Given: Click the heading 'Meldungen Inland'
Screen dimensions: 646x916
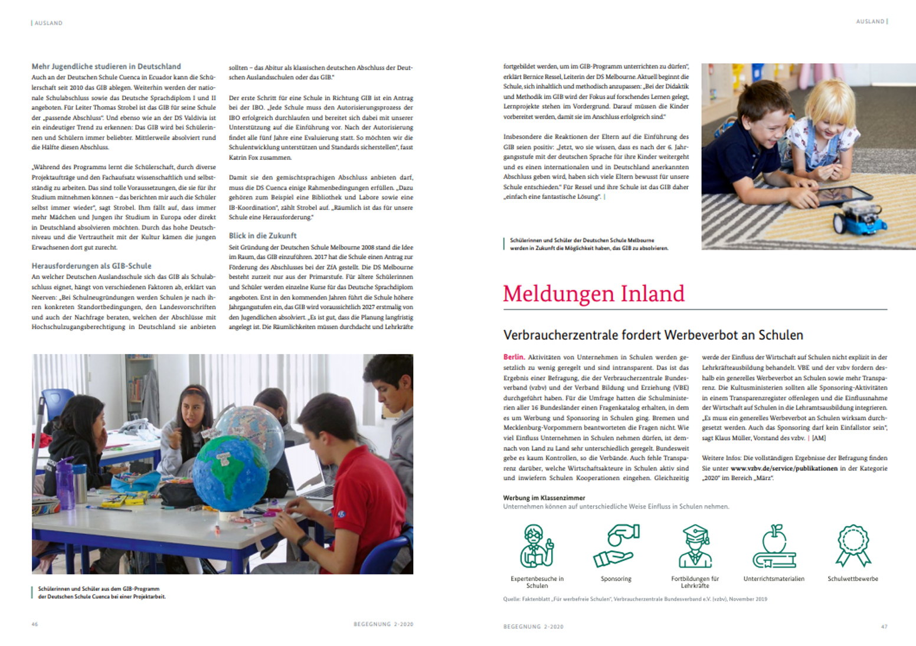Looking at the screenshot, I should coord(593,294).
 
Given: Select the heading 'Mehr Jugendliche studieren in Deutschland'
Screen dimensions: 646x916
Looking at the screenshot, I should coord(106,67).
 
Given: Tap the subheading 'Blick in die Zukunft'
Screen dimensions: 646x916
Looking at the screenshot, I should coord(263,235).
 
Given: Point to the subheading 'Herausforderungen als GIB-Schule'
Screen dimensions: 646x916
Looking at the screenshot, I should coord(91,266).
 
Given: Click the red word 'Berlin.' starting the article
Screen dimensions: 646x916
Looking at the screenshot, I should coord(513,357).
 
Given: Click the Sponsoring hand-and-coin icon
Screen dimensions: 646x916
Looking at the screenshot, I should coord(616,546).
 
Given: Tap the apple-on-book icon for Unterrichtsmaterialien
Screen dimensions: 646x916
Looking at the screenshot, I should coord(774,546).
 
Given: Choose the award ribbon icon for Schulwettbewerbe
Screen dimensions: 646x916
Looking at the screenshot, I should coord(853,546).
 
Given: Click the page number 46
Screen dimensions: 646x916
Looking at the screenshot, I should coord(35,624).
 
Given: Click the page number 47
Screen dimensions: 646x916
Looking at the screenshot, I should coord(884,627).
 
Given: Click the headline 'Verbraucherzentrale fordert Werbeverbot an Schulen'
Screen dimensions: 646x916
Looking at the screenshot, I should coord(653,335).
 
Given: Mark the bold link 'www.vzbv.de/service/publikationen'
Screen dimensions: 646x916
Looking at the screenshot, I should coord(784,468).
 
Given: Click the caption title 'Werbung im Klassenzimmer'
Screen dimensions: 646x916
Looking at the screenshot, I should coord(544,498).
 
